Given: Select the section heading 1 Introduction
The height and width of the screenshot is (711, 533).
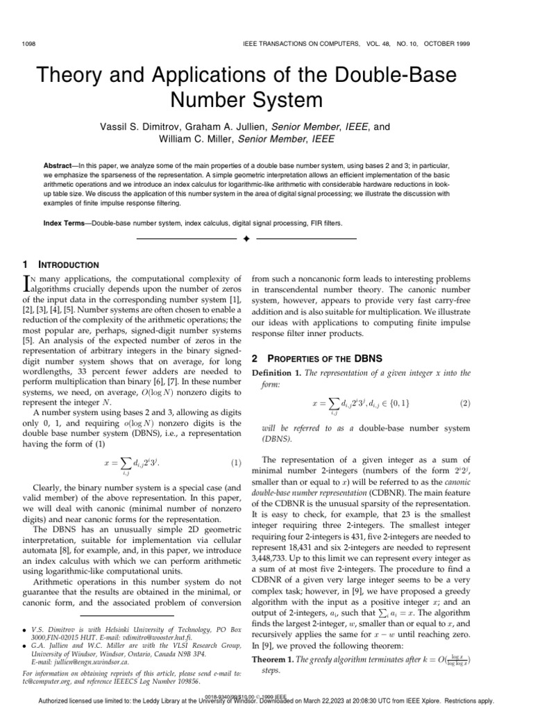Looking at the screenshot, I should [x=62, y=265].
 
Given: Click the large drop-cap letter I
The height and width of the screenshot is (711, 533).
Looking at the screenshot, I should [x=28, y=283].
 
